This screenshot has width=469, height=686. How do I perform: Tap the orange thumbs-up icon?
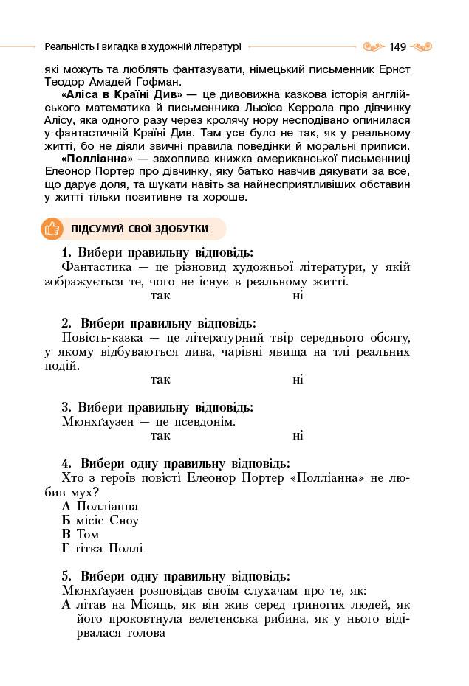click(x=52, y=229)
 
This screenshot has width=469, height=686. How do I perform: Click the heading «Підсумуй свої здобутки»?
click(x=140, y=229)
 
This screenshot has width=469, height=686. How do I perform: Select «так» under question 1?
click(x=160, y=296)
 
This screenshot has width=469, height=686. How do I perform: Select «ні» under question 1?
click(x=298, y=296)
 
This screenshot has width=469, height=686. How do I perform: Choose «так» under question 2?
click(x=160, y=380)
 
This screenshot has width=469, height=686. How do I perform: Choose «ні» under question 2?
click(x=298, y=380)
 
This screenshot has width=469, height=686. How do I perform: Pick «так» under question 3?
click(x=160, y=435)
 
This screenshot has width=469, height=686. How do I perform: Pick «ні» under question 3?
click(x=298, y=435)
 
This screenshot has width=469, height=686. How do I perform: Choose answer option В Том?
click(x=81, y=534)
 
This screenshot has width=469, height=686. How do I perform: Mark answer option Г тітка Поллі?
click(x=103, y=548)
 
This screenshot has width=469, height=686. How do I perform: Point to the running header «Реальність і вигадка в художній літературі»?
click(x=143, y=46)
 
